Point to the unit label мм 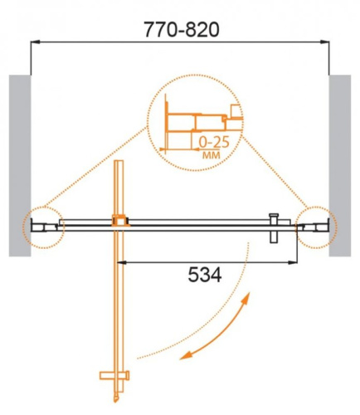[209, 155]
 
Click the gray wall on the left [19, 166]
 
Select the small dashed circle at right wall [315, 223]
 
